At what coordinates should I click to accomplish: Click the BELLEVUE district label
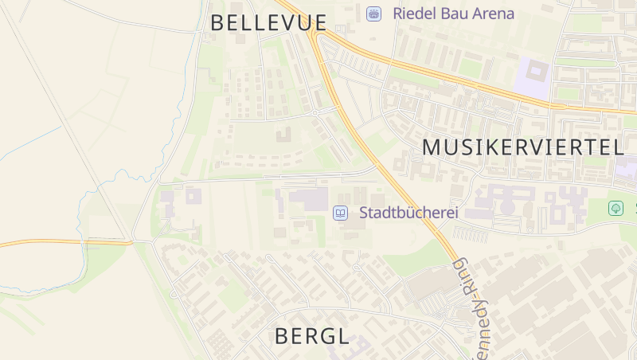click(x=268, y=22)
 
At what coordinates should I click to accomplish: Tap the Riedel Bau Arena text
click(x=453, y=14)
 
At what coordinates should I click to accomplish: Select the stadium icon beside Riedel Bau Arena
click(x=373, y=14)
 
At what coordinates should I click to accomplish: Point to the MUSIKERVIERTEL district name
click(x=522, y=147)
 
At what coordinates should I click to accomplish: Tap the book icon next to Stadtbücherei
click(x=340, y=213)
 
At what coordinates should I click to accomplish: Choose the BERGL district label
click(x=311, y=336)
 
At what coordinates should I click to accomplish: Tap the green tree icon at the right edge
click(x=616, y=209)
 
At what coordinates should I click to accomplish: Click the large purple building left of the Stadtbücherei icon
click(x=307, y=199)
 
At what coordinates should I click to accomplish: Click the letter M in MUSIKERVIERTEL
click(x=431, y=147)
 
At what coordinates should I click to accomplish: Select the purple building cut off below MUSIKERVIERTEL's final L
click(x=627, y=167)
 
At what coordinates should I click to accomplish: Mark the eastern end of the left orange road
click(x=130, y=241)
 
